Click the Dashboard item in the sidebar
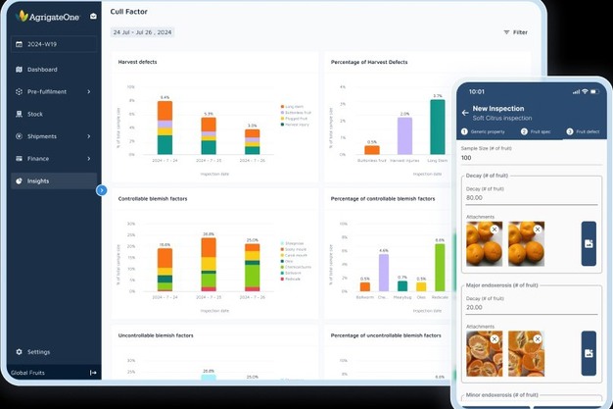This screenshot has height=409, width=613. [x=41, y=70]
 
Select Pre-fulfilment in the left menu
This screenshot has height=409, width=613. [x=47, y=92]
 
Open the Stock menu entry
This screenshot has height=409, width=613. [x=35, y=114]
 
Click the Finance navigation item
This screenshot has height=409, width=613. [x=38, y=158]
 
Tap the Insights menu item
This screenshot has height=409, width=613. [x=38, y=180]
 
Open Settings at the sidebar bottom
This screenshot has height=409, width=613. [x=38, y=351]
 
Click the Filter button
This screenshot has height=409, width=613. [x=515, y=32]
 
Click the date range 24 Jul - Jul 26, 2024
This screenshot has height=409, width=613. [x=142, y=32]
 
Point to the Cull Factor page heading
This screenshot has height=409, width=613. [x=130, y=12]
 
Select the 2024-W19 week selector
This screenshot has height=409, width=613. [x=42, y=44]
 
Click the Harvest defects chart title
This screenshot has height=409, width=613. [x=137, y=62]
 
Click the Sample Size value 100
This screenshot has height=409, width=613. [x=466, y=157]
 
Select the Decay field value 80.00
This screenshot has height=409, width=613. [x=479, y=197]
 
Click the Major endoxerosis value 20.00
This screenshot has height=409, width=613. [x=479, y=306]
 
